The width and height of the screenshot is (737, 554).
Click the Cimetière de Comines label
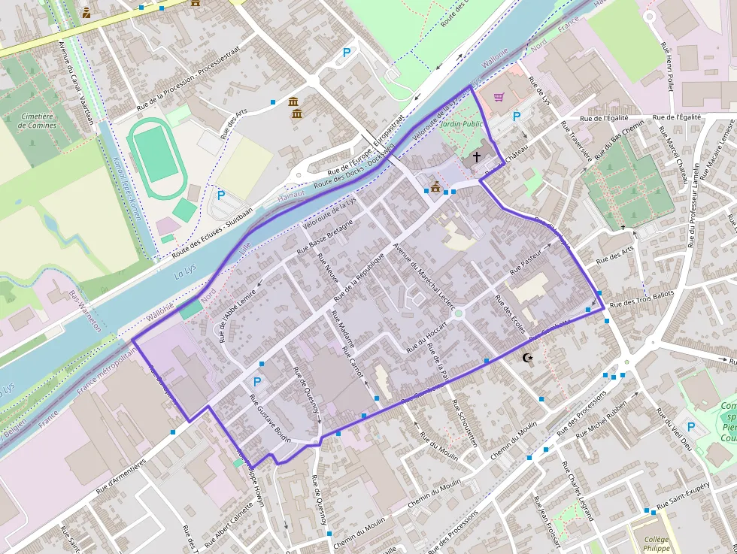38,121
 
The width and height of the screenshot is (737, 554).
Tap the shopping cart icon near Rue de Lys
499,97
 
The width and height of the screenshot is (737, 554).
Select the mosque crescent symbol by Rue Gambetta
529,359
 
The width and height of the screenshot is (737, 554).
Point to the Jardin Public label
461,123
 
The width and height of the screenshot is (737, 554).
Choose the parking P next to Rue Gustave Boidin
257,382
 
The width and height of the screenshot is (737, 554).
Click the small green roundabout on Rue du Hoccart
458,314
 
